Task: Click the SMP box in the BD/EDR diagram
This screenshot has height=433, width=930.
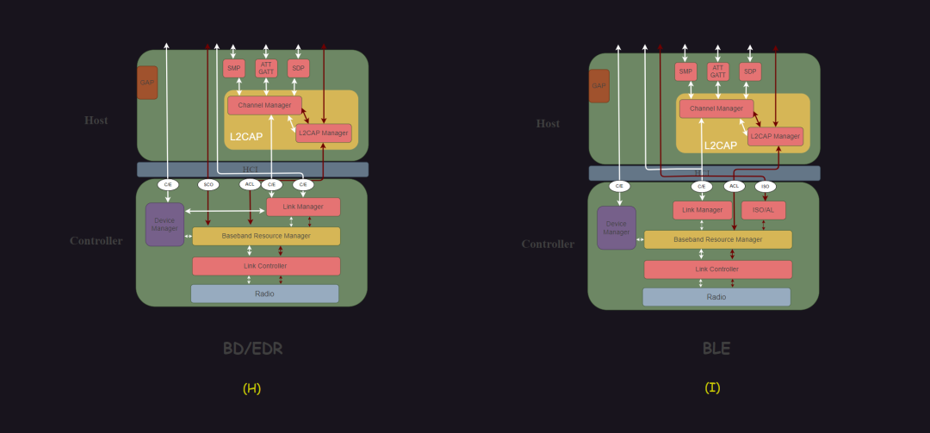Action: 233,69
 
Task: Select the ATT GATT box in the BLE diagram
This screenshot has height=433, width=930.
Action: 718,71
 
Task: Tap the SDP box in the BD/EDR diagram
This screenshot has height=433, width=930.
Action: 298,69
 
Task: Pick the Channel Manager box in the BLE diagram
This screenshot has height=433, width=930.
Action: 716,108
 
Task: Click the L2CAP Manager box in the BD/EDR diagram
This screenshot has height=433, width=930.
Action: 324,133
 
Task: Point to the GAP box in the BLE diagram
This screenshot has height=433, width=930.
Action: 598,86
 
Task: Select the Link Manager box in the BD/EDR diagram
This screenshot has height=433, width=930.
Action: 303,207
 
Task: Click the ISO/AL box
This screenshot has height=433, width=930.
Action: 763,210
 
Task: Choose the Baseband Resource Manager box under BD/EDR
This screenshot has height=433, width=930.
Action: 266,236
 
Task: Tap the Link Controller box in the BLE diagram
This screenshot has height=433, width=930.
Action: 717,269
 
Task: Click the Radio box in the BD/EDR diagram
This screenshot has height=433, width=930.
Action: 264,294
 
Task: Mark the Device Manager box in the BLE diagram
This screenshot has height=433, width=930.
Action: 617,228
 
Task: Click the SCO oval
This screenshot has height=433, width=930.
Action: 208,184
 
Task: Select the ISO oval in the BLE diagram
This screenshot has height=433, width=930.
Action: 766,187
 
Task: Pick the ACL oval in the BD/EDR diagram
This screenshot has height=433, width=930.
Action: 250,184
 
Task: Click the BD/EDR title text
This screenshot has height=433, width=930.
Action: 252,349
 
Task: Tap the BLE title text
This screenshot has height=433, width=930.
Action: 716,349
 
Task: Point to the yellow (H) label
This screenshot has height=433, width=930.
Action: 251,388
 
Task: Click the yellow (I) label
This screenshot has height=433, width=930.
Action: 712,387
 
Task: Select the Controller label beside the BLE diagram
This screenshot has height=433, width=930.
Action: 548,244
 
